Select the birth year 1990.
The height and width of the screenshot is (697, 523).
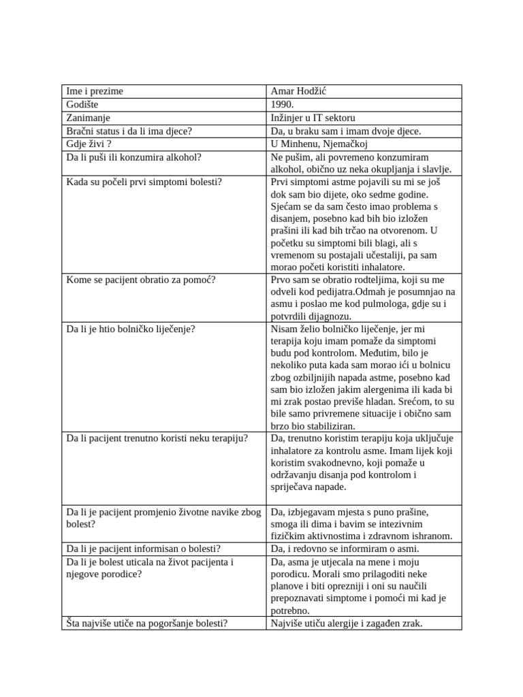click(x=282, y=105)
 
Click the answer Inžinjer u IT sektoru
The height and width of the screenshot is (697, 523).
click(x=313, y=118)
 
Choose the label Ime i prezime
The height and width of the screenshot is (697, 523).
click(x=95, y=91)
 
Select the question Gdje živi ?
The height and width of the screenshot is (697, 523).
click(x=89, y=144)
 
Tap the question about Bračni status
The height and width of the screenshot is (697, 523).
click(x=129, y=131)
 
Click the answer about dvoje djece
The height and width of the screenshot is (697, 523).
click(x=346, y=131)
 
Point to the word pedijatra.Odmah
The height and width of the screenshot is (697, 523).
click(x=362, y=292)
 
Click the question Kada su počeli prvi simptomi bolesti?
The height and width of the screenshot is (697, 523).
click(x=144, y=182)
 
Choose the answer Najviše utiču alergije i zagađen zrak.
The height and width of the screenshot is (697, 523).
click(x=347, y=623)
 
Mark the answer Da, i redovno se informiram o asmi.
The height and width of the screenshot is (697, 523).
click(x=345, y=549)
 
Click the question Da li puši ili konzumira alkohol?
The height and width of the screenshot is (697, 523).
click(x=134, y=157)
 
